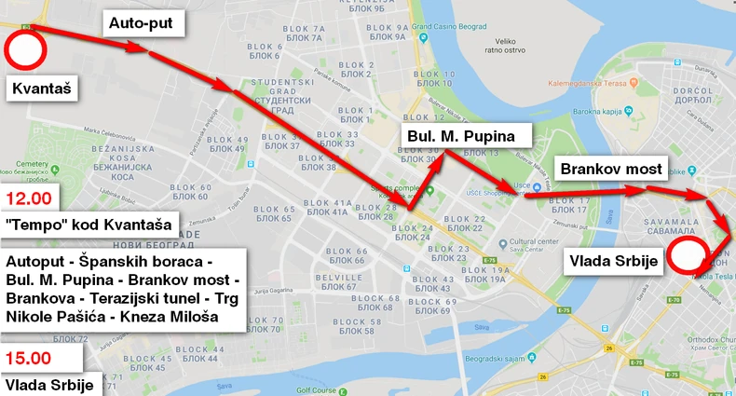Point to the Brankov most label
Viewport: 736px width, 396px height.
pos(610,169)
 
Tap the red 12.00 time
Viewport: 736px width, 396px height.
pos(28,198)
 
